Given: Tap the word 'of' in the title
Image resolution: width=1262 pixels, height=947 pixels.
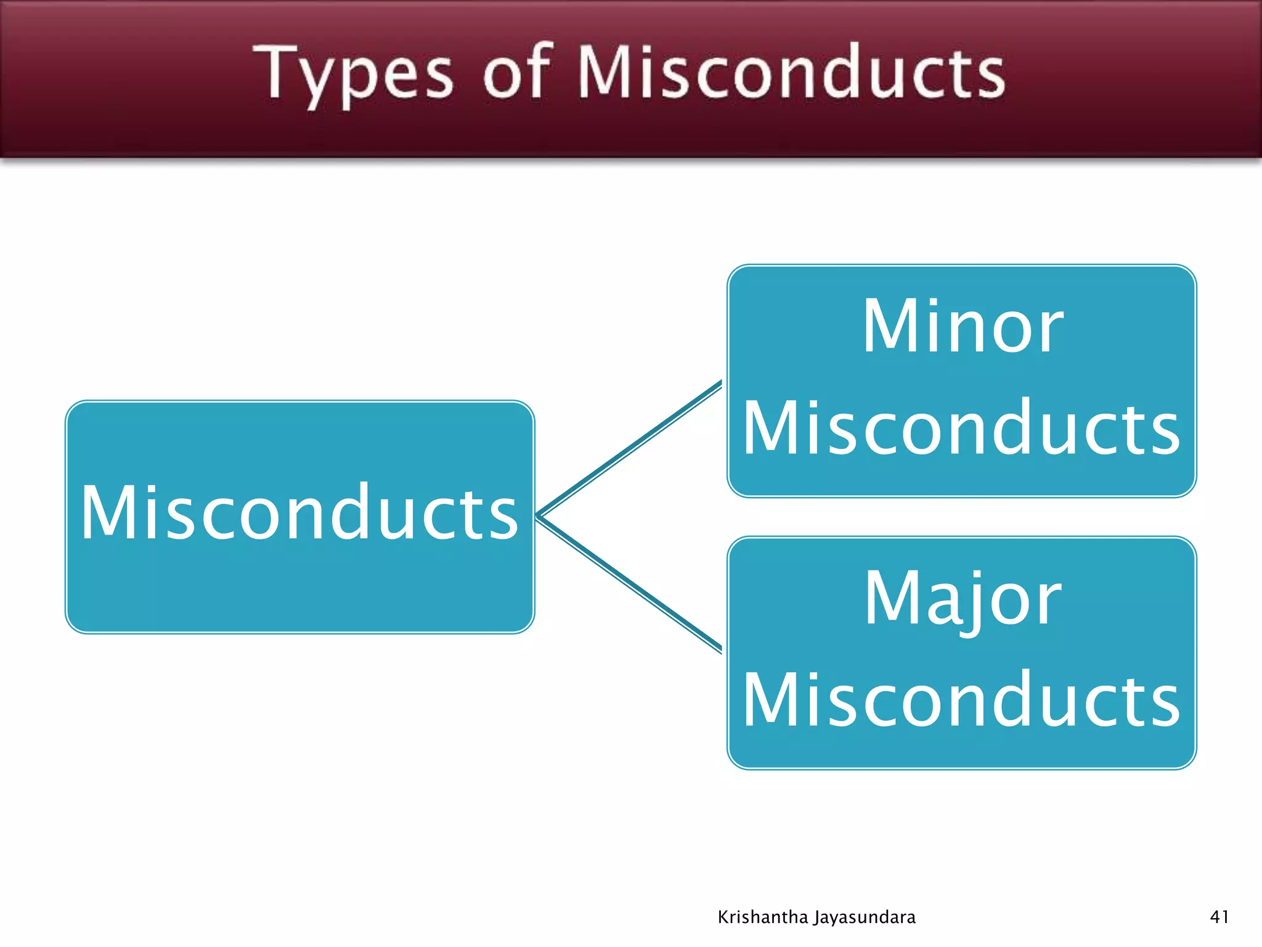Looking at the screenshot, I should point(516,73).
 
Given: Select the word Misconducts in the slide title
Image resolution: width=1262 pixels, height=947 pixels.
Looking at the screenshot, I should point(791,73).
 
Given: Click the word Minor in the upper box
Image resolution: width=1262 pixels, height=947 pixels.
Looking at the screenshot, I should point(962,327).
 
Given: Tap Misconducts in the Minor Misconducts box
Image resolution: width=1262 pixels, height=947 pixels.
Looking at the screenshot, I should point(961,428).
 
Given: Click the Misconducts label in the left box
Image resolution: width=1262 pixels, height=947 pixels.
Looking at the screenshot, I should point(299,513).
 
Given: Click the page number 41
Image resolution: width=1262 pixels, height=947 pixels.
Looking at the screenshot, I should point(1219,917).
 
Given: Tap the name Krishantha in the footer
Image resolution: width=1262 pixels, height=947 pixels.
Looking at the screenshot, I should point(762,917).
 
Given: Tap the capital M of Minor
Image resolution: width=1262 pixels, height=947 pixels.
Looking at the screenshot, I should point(890,327).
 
